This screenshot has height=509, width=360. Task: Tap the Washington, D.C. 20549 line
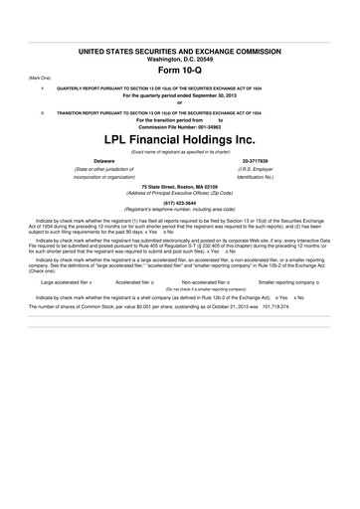(x=180, y=58)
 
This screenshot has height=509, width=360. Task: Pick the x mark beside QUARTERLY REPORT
(x=42, y=87)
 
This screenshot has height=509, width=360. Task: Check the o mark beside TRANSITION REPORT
(x=42, y=112)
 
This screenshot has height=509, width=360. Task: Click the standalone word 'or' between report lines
(x=180, y=102)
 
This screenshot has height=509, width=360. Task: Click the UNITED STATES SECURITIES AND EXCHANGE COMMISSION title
(x=180, y=50)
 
